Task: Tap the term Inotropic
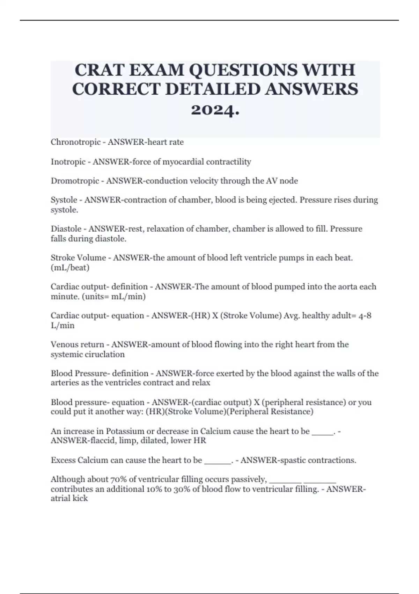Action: (68, 162)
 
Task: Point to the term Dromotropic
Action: (75, 181)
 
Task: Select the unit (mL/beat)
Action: (70, 268)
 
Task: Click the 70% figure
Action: (117, 479)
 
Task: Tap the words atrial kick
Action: (69, 499)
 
